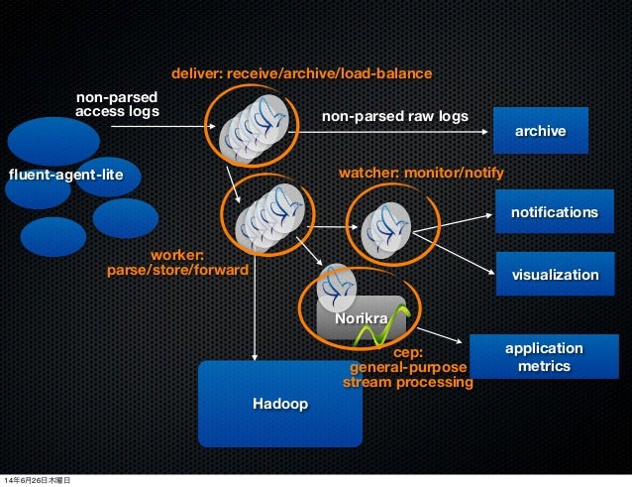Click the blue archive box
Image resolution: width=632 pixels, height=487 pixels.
click(540, 131)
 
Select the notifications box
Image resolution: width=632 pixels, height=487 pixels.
click(554, 213)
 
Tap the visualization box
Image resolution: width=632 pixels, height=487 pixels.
click(554, 274)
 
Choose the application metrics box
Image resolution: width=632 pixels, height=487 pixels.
click(543, 358)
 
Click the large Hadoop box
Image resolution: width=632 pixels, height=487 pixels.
click(278, 404)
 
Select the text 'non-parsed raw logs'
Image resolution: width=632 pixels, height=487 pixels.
click(394, 116)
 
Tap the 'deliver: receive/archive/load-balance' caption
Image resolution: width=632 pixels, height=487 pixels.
click(301, 74)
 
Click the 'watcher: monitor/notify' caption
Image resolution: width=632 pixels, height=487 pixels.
click(421, 174)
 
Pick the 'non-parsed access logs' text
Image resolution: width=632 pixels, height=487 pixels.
click(117, 104)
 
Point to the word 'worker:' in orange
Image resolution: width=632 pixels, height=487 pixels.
click(176, 254)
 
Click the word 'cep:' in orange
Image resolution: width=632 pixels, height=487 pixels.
click(408, 351)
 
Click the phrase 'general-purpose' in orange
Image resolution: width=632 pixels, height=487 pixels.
click(407, 366)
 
